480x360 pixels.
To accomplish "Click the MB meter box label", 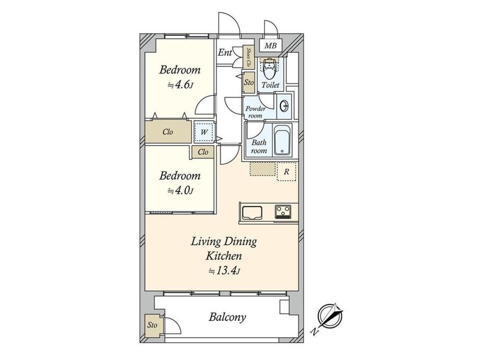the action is click(270, 46).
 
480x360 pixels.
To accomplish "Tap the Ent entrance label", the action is click(225, 53).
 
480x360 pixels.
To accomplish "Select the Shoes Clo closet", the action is click(248, 57).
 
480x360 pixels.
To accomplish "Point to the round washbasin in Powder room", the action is click(284, 106).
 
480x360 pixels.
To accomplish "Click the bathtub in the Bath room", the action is click(283, 140).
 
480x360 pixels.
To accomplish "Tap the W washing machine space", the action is click(204, 132).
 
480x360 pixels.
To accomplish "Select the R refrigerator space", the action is click(286, 172).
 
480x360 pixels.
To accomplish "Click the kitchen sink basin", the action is click(252, 213).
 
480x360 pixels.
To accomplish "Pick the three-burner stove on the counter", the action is click(283, 211).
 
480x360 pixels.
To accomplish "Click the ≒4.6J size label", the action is click(179, 85).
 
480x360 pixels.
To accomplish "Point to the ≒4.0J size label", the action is click(180, 191).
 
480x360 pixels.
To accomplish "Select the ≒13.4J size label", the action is click(224, 271).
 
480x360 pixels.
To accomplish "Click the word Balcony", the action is click(227, 317).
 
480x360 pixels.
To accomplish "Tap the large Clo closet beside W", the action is click(168, 132).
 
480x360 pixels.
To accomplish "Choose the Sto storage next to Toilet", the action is click(248, 82).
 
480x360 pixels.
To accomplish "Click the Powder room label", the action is click(255, 112).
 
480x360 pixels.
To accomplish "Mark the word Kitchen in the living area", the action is click(223, 256).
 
